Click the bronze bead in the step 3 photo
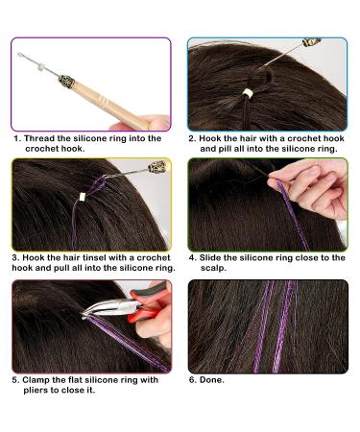154,168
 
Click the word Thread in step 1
43,137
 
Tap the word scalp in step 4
213,269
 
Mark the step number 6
191,379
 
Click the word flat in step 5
98,379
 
